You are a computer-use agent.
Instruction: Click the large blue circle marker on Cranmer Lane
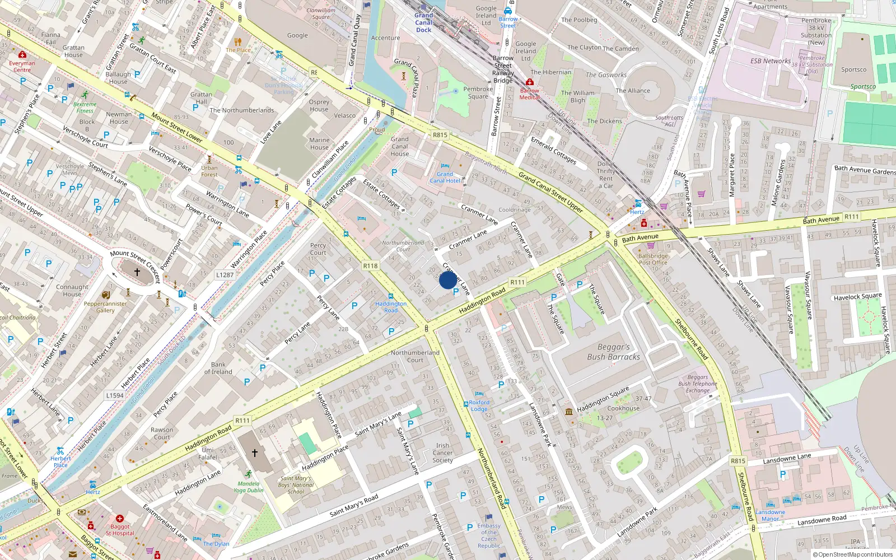[x=447, y=280]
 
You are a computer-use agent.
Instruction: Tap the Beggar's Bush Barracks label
[x=613, y=352]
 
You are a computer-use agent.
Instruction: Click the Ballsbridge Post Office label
[x=653, y=259]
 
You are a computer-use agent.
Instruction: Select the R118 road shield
[x=370, y=266]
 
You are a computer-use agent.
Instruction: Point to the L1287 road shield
[x=225, y=275]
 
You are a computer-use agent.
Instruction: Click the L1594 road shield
[x=115, y=395]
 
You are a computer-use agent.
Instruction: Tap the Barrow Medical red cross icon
[x=529, y=82]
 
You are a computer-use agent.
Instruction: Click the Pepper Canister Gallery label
[x=105, y=307]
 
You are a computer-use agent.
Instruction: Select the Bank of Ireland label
[x=218, y=368]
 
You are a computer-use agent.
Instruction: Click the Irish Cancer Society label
[x=442, y=453]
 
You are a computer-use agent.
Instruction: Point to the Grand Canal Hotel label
[x=445, y=178]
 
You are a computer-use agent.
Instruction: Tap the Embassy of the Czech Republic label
[x=489, y=536]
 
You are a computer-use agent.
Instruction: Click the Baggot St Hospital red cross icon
[x=119, y=519]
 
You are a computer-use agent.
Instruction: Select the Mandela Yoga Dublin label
[x=248, y=487]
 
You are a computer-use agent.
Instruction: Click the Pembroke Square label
[x=478, y=92]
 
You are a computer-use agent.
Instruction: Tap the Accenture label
[x=385, y=38]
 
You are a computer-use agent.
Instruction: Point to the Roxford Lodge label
[x=479, y=405]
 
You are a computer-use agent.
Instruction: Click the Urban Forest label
[x=209, y=171]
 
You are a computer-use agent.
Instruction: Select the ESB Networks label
[x=771, y=61]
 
